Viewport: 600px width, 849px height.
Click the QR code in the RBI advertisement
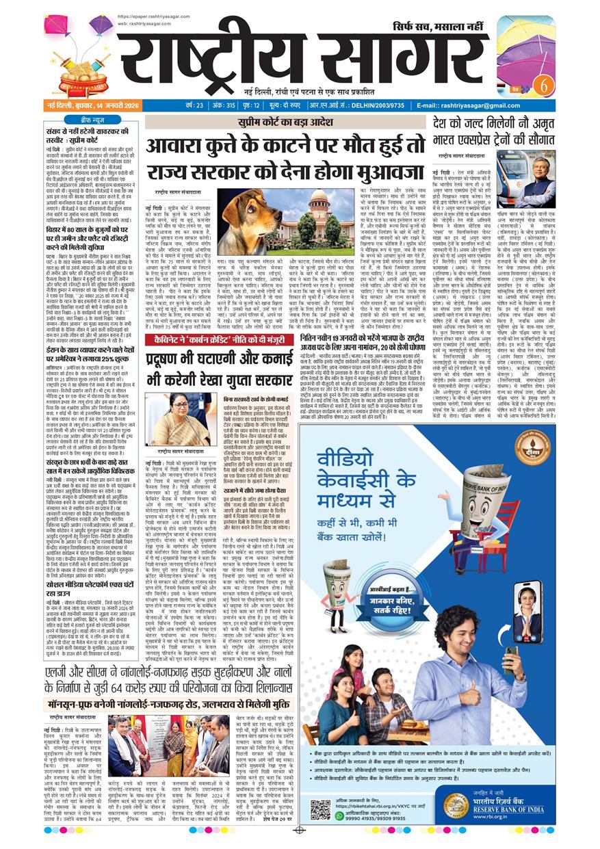coord(319,809)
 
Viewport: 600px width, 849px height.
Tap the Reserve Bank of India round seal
coord(456,807)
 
